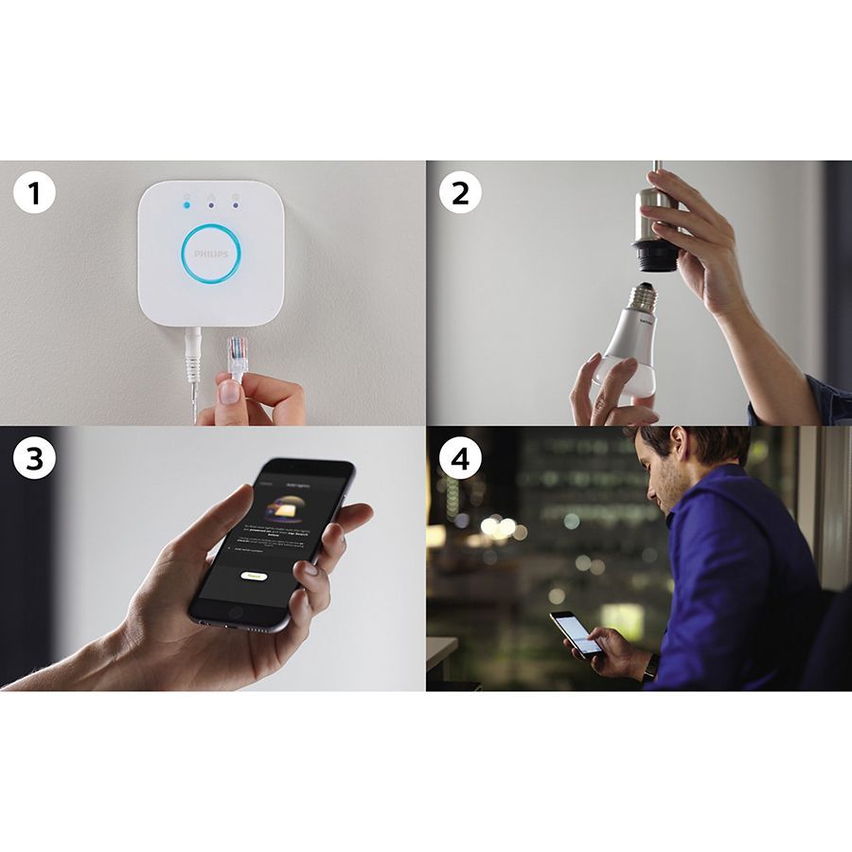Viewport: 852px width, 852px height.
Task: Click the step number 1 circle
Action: pos(35,194)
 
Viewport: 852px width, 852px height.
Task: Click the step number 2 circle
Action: pos(460,194)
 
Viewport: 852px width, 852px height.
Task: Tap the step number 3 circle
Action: pos(35,459)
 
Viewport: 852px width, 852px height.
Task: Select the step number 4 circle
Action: pos(460,459)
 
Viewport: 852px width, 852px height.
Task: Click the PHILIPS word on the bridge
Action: pos(211,255)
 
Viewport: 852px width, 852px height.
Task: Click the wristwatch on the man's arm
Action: pos(650,668)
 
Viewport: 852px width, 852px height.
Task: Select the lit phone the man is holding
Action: pos(576,633)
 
